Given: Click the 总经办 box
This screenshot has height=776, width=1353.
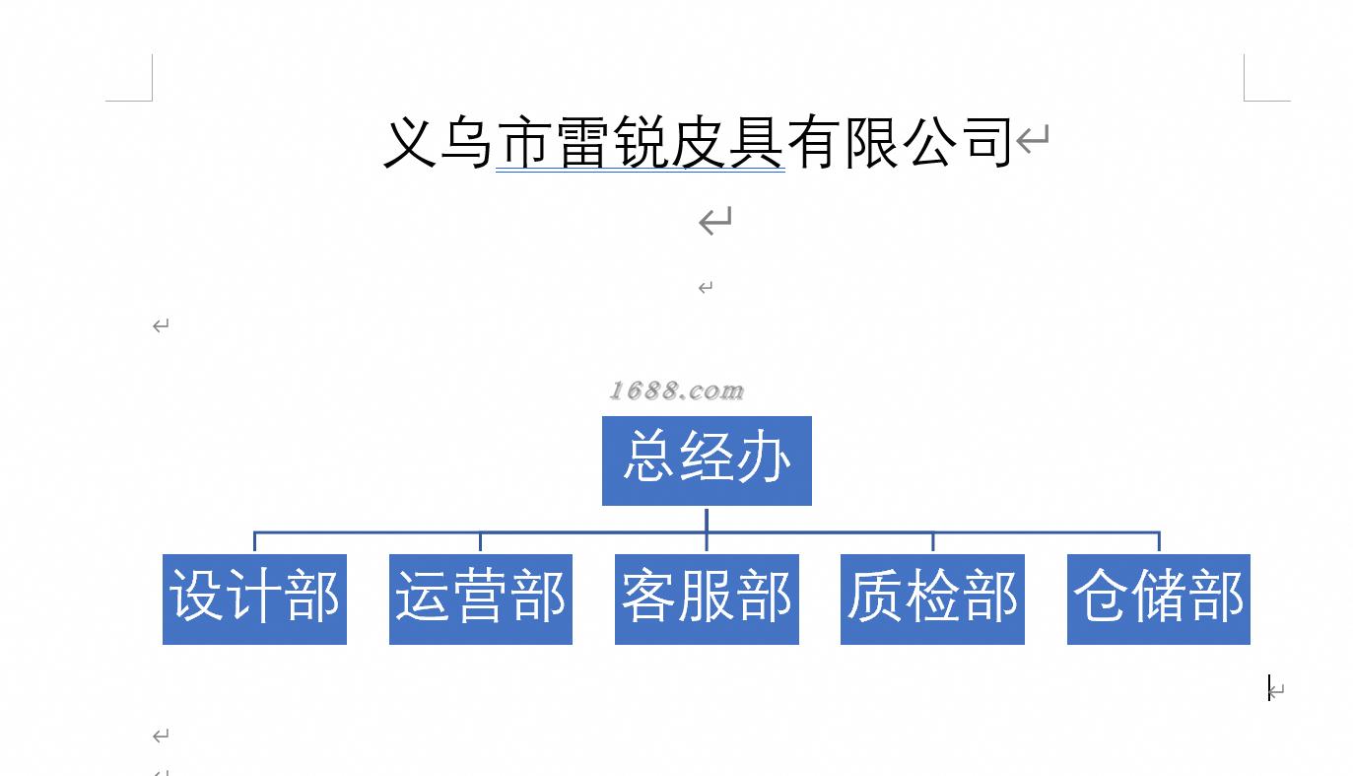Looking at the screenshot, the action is point(707,460).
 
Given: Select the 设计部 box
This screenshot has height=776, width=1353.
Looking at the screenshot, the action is point(254,599).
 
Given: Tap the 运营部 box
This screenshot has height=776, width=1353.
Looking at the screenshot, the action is point(481,599).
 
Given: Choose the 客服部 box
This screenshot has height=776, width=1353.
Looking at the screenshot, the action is point(707,599).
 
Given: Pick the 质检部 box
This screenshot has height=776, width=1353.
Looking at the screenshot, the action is point(932,599).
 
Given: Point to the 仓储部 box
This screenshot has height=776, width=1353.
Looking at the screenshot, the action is point(1158,599).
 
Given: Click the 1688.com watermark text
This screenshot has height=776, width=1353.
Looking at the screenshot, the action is point(676,391).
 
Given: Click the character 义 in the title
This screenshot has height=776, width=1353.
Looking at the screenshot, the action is point(410,143).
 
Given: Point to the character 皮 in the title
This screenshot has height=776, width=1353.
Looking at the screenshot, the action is point(699,143).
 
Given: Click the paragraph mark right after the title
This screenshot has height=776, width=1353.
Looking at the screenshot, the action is point(1033,139).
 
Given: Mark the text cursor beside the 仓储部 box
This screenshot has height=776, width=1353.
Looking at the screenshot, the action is point(1269,688).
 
